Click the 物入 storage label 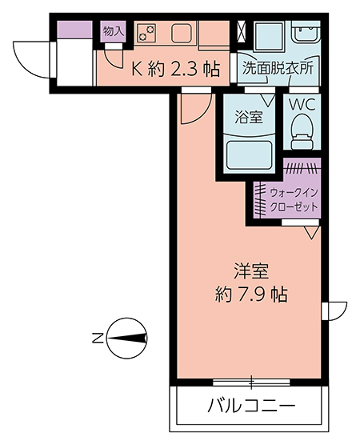pos(114,31)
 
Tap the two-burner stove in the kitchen pos(147,32)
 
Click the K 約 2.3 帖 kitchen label pos(176,69)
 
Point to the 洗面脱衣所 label pos(278,68)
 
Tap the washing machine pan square pos(269,36)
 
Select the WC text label pos(302,105)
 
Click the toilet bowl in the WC pos(302,131)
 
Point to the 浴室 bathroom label pos(249,117)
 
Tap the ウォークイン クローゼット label pos(294,199)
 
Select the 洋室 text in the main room pos(251,271)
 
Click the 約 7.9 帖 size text pos(251,295)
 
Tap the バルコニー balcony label pos(251,406)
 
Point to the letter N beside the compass pos(98,338)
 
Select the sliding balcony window pos(251,382)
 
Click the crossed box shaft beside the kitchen pos(242,31)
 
